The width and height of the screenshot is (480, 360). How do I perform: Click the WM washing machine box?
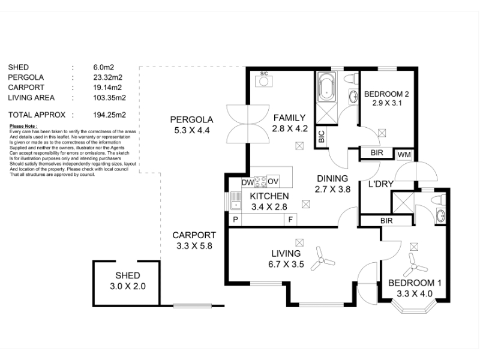pyautogui.click(x=404, y=155)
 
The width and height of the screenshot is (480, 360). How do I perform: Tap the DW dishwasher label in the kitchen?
pyautogui.click(x=248, y=182)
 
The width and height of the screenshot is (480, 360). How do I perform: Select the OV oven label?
pyautogui.click(x=273, y=181)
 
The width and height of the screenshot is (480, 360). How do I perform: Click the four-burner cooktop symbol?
pyautogui.click(x=260, y=181)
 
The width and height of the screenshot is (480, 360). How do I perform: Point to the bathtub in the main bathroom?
pyautogui.click(x=326, y=86)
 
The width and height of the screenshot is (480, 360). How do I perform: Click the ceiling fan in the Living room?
pyautogui.click(x=322, y=260)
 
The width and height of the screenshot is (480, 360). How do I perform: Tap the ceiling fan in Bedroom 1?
pyautogui.click(x=415, y=265)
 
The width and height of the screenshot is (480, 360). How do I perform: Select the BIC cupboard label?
pyautogui.click(x=321, y=137)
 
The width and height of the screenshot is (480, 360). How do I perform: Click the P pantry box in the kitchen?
pyautogui.click(x=235, y=220)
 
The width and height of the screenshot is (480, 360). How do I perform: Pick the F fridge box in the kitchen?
pyautogui.click(x=290, y=220)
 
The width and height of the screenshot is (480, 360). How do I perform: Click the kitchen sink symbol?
pyautogui.click(x=236, y=200)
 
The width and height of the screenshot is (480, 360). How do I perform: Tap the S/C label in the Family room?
pyautogui.click(x=264, y=73)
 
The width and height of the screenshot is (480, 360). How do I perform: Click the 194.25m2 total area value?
pyautogui.click(x=110, y=115)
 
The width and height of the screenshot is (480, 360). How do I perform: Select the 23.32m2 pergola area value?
pyautogui.click(x=108, y=77)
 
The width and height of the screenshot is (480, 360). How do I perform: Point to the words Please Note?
pyautogui.click(x=23, y=126)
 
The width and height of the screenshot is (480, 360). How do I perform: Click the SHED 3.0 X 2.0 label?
pyautogui.click(x=128, y=281)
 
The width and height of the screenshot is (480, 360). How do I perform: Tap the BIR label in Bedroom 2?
pyautogui.click(x=377, y=152)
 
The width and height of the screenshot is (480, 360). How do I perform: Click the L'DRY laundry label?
pyautogui.click(x=381, y=184)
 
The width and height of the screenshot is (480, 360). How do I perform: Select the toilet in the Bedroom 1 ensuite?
pyautogui.click(x=438, y=200)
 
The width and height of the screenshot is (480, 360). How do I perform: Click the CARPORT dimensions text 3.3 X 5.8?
pyautogui.click(x=194, y=246)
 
